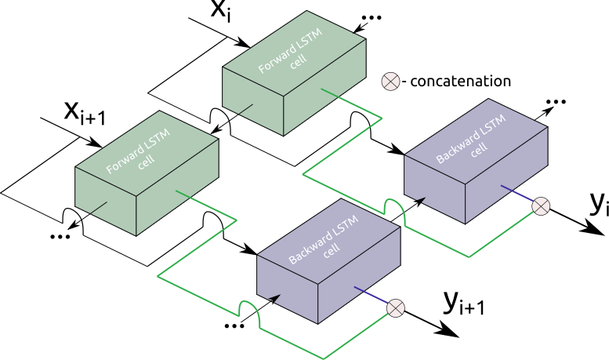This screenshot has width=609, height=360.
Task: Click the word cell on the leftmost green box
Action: click(147, 162)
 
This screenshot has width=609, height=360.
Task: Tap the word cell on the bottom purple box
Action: click(332, 250)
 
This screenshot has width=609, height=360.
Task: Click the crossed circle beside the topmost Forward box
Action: click(390, 82)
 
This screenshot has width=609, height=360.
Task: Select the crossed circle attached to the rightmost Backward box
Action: click(541, 206)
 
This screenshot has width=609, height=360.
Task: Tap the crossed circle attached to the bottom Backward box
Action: click(396, 308)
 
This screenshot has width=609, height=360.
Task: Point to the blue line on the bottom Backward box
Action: click(371, 296)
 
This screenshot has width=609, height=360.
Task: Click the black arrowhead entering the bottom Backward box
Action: click(274, 298)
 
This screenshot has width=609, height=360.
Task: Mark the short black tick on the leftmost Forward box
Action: click(98, 208)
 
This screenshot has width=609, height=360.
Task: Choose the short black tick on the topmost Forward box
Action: click(245, 109)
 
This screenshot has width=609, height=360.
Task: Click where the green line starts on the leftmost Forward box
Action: click(177, 191)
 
